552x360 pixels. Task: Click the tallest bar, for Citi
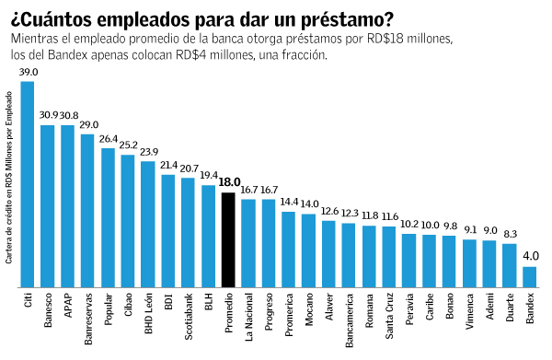pos(28,184)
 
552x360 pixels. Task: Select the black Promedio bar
pos(228,239)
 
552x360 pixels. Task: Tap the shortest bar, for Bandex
pos(529,276)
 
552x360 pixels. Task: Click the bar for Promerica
pos(289,249)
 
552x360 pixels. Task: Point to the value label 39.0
pos(28,72)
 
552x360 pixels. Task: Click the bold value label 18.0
pos(228,182)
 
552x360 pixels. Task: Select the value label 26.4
pos(109,139)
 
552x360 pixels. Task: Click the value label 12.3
pos(349,213)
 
